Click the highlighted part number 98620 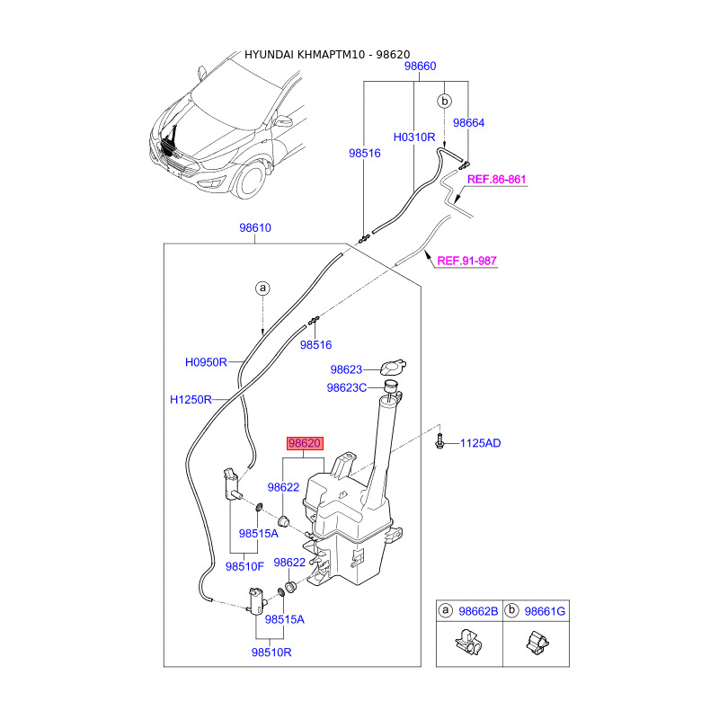click(304, 443)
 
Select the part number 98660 click(420, 67)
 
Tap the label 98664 click(468, 123)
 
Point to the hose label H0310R click(413, 138)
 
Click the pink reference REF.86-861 click(496, 180)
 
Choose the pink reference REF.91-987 click(466, 262)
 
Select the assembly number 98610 click(255, 228)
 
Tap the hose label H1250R click(191, 399)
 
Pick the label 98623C click(347, 388)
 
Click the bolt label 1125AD click(481, 443)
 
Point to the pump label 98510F click(244, 566)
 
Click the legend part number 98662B click(477, 612)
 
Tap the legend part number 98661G click(546, 612)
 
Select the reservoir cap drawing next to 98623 click(393, 367)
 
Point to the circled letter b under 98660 click(444, 102)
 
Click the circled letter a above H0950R click(262, 288)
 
